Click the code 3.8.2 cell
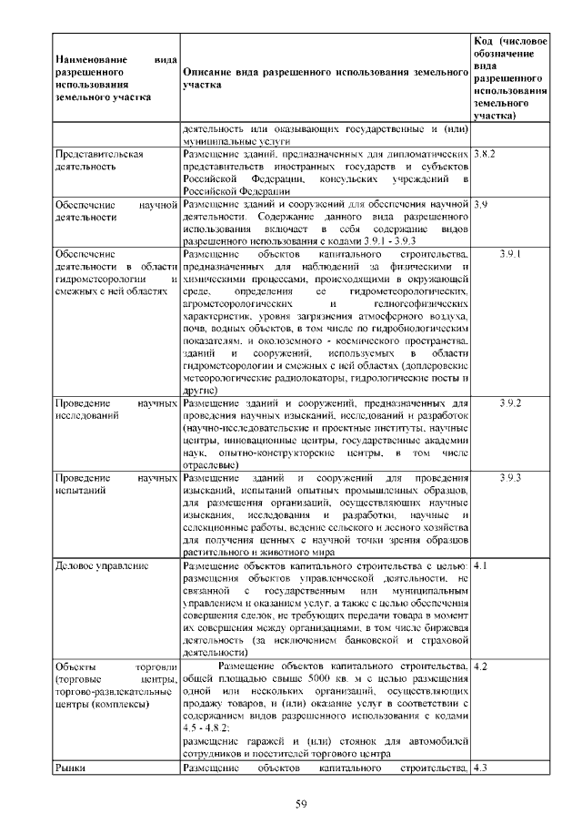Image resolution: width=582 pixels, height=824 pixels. (484, 155)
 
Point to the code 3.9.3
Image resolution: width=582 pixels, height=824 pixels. (509, 477)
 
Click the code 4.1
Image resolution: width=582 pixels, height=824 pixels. (482, 565)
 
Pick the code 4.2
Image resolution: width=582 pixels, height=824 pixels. (482, 666)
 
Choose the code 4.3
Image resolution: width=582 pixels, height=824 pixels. (482, 768)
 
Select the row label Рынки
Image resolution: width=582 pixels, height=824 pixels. (70, 768)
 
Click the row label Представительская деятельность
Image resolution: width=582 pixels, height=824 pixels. (100, 161)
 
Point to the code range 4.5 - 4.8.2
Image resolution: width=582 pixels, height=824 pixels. (207, 726)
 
